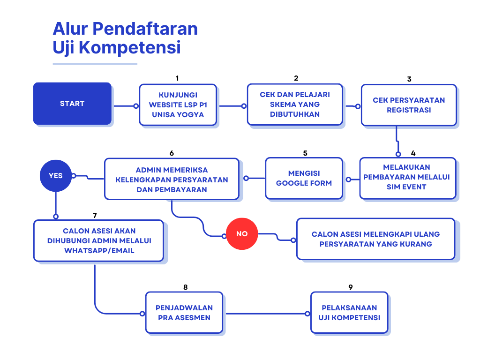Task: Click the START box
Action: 72,104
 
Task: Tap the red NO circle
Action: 242,234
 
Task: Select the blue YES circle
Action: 56,176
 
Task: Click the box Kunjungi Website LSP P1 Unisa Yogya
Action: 178,105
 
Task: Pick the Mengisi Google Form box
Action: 304,178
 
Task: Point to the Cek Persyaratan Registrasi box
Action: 409,105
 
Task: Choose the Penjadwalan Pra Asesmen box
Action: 184,313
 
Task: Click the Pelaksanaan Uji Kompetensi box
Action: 349,313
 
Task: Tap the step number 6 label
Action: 172,153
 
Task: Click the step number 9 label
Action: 351,287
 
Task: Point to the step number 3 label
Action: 409,79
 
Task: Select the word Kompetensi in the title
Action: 130,47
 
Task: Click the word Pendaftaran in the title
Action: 145,29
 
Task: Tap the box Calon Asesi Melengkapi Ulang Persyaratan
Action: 375,239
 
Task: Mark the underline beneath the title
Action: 95,64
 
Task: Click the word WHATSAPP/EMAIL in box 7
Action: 99,251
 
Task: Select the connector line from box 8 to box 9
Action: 267,314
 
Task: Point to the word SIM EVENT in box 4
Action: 406,187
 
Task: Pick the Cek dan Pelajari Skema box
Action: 295,105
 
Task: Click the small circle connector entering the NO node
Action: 224,236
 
